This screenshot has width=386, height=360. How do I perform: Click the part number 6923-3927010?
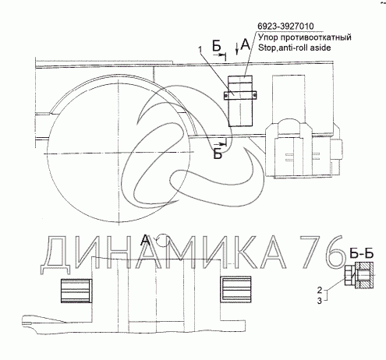pyautogui.click(x=285, y=26)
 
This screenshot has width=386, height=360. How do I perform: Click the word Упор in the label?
pyautogui.click(x=268, y=38)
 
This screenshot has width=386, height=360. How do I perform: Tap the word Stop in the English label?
pyautogui.click(x=267, y=48)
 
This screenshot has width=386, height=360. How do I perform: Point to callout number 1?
pyautogui.click(x=200, y=50)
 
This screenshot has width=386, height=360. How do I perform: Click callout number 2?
pyautogui.click(x=320, y=290)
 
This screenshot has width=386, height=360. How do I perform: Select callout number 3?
pyautogui.click(x=320, y=301)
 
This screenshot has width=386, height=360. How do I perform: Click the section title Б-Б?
pyautogui.click(x=361, y=253)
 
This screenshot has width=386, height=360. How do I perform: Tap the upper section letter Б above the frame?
pyautogui.click(x=217, y=46)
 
